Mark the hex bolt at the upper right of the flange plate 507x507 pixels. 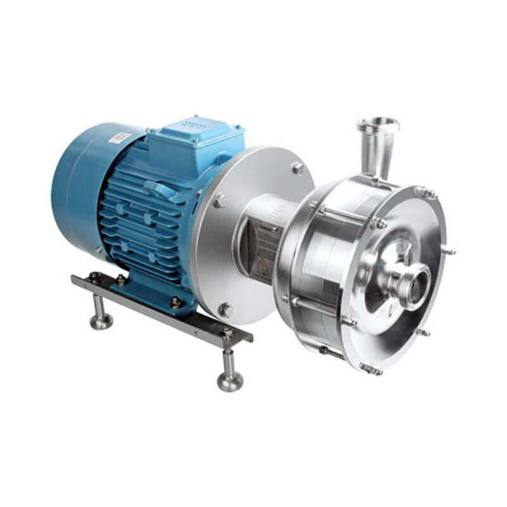coord(297,168)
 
